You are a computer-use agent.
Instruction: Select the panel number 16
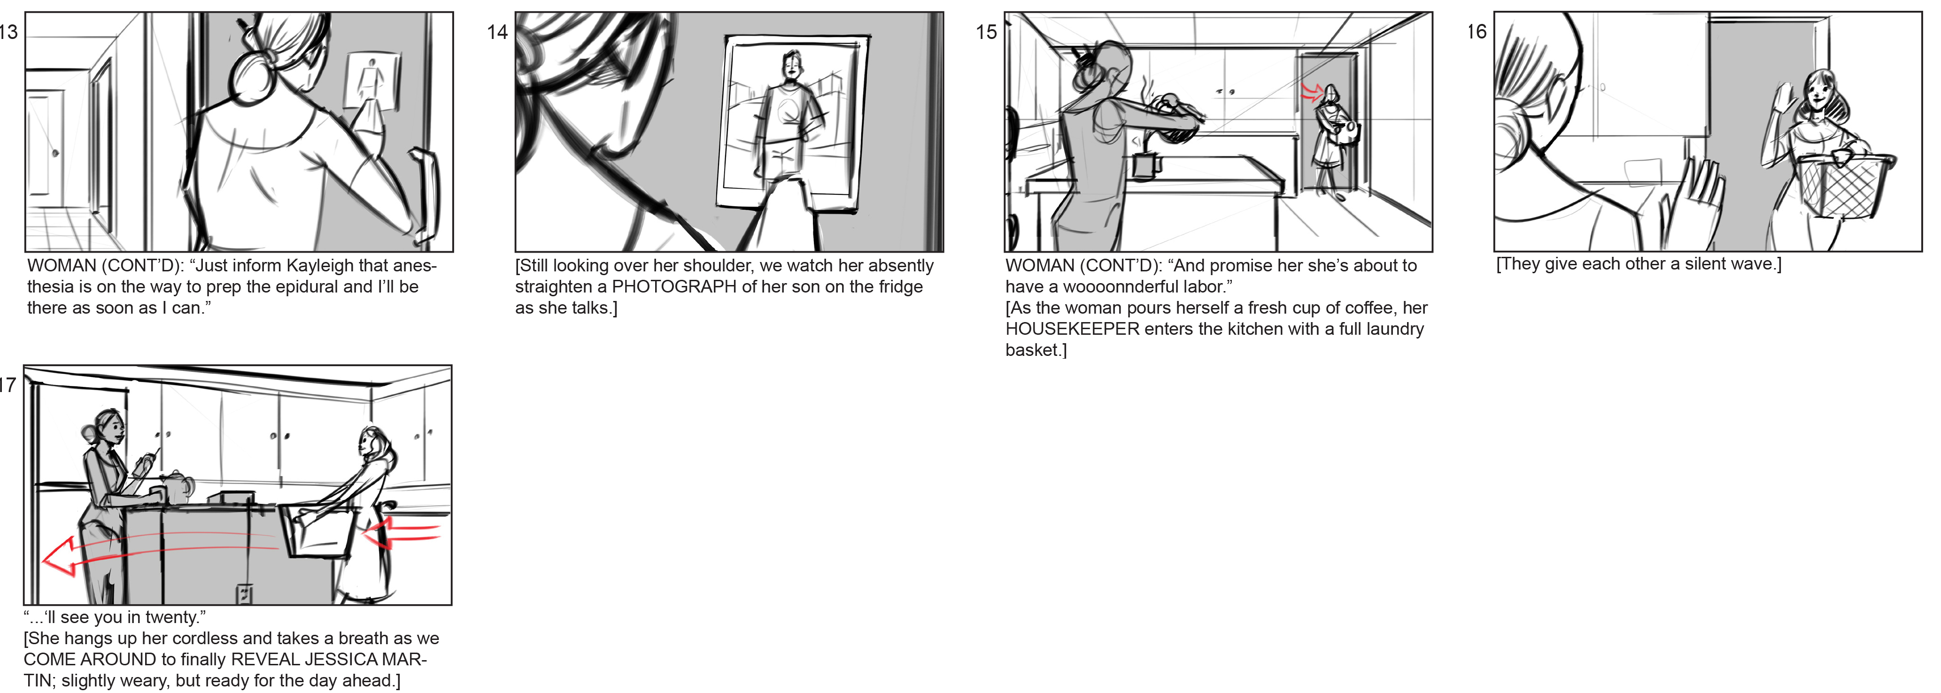1476,31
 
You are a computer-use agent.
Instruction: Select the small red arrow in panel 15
1312,92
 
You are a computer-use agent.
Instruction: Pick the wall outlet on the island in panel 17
245,593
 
